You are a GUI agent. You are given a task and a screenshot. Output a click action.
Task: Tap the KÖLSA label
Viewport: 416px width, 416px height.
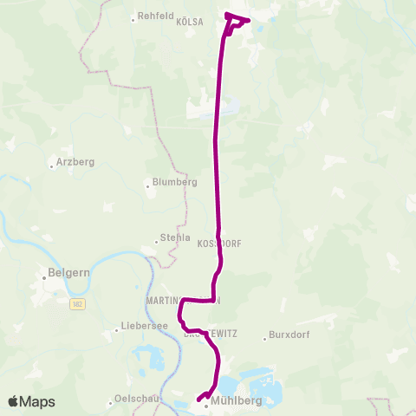190,23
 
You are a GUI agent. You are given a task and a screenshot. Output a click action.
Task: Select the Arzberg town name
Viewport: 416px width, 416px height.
75,162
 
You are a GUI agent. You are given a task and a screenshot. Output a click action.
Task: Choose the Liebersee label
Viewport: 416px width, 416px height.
141,329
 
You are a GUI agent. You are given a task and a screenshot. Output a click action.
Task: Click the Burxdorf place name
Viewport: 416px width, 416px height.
290,336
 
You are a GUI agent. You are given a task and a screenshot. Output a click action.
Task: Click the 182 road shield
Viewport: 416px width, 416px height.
77,302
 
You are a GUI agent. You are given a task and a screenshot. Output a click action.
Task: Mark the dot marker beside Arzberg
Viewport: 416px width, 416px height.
52,162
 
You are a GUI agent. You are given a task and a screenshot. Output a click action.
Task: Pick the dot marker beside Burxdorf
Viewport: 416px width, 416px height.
265,337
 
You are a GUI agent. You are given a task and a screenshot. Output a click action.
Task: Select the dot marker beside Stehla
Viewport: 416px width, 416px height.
154,239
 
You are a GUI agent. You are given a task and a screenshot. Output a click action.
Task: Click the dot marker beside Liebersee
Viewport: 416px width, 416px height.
117,329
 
